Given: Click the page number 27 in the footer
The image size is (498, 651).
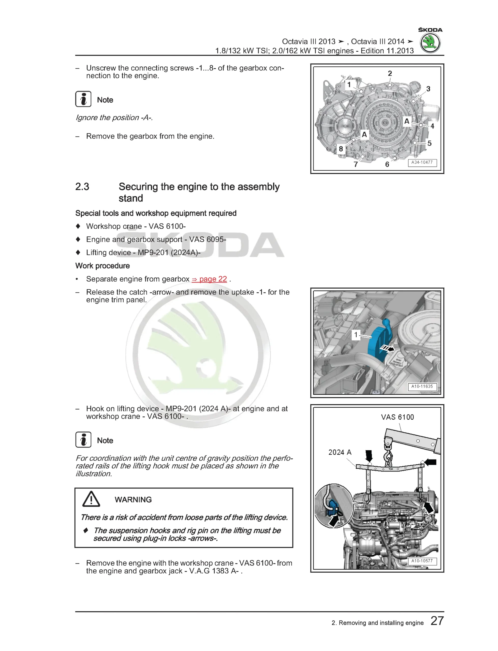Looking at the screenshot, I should tap(437, 621).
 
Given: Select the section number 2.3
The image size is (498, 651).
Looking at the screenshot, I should tap(82, 187).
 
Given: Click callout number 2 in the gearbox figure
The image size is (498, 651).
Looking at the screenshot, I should tap(390, 73).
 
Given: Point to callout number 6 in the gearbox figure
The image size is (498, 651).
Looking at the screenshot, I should tap(387, 164).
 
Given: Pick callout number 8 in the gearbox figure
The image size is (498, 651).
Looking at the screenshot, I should tap(341, 149).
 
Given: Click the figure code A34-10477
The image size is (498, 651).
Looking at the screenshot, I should tap(422, 162).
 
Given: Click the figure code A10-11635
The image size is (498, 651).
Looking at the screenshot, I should tap(422, 386).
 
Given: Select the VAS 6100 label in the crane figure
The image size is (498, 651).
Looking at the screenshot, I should tap(397, 417).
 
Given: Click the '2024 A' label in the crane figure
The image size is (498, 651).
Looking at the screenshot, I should tap(340, 452).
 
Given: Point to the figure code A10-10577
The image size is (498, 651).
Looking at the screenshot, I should tap(422, 561).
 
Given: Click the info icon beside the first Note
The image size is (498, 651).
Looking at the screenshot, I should tap(83, 99).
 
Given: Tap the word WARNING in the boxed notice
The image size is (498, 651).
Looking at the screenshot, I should tap(133, 500).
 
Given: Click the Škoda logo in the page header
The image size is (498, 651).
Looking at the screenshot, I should tap(430, 43).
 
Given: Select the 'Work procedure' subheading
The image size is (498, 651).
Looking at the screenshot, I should tap(102, 266).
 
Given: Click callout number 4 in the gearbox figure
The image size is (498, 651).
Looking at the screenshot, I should tap(432, 126).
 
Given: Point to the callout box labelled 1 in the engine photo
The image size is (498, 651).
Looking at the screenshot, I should tap(356, 335).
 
